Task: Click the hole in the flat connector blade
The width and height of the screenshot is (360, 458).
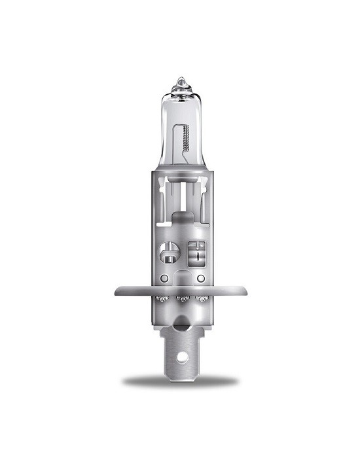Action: coord(180,359)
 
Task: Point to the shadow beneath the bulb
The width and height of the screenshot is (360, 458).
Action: coord(180,381)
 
